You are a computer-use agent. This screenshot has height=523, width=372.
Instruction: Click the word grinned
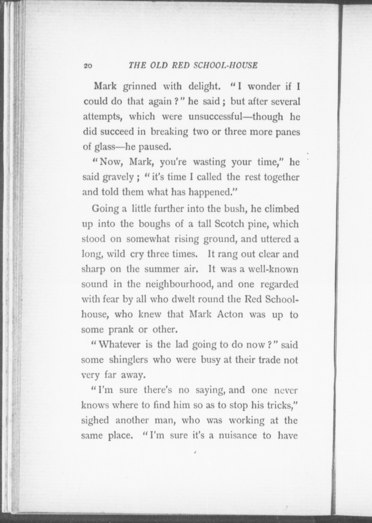coord(139,86)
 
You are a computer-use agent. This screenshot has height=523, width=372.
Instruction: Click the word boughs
coord(154,224)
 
